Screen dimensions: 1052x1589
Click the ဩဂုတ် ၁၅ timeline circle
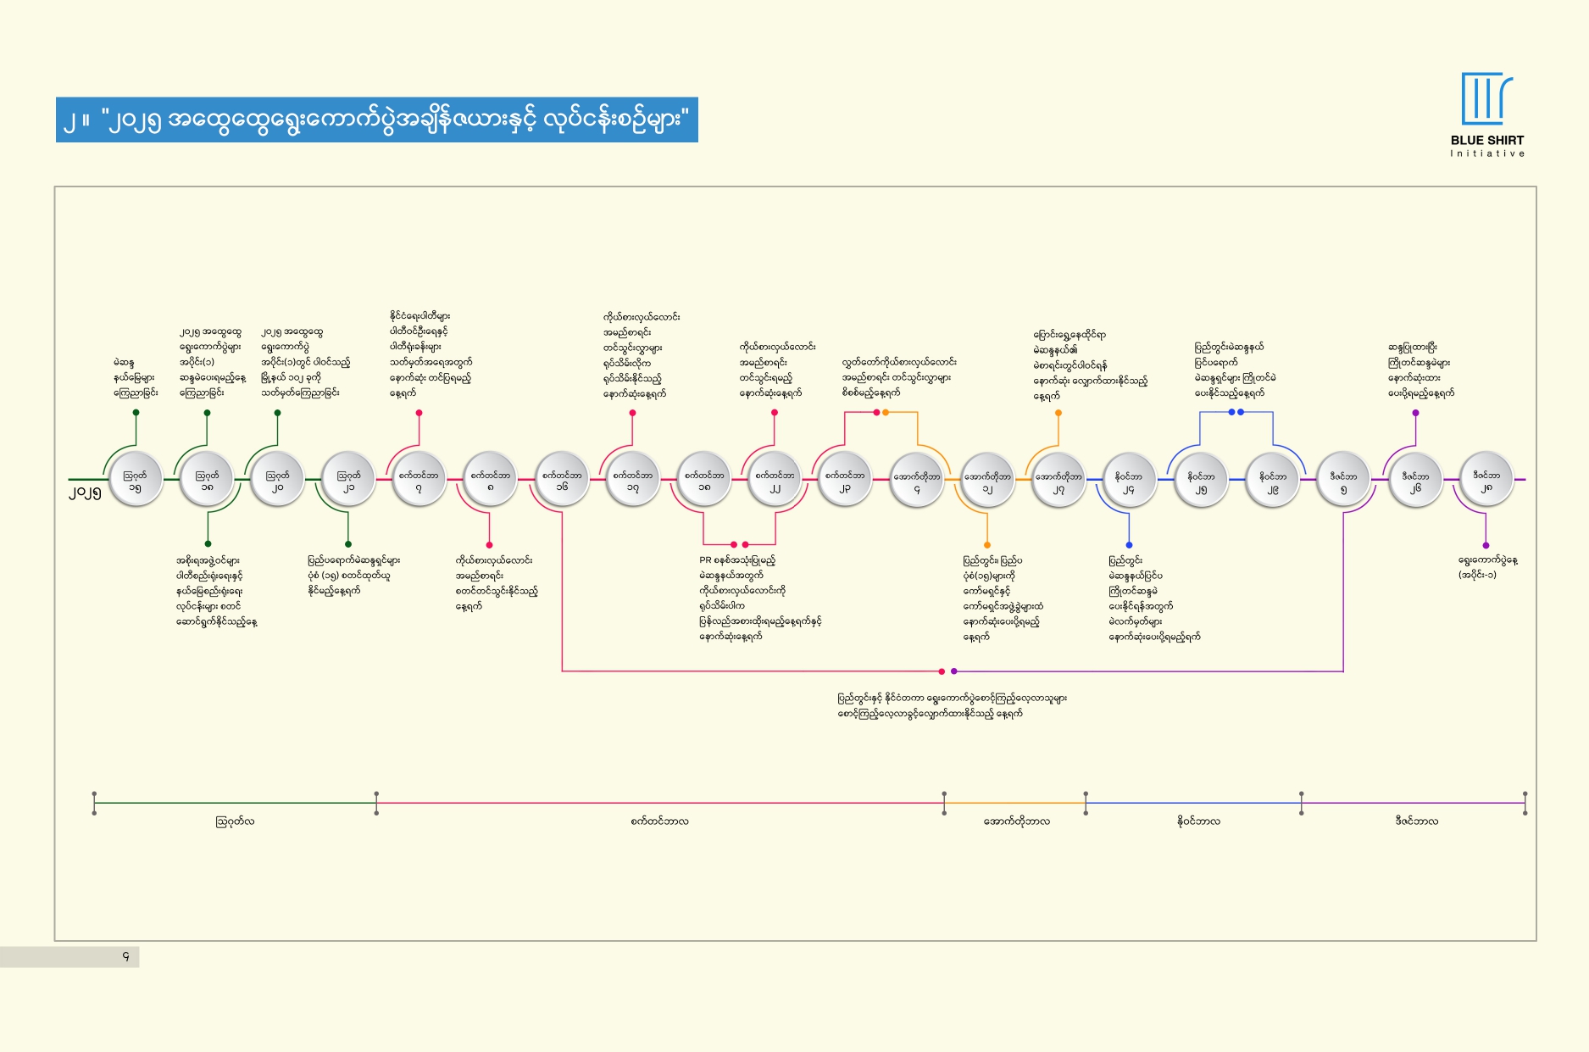coord(136,480)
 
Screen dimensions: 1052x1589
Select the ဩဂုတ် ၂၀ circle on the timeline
coord(277,480)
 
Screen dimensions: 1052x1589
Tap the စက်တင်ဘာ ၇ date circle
coord(419,480)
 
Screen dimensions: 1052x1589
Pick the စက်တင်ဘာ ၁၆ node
coord(562,480)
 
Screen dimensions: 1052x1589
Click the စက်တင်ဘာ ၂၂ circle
coord(775,480)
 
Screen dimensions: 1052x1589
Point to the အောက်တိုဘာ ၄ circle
coord(916,480)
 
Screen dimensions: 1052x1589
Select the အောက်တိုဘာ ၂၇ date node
coord(1058,480)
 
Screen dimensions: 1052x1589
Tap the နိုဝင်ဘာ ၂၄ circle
coord(1129,480)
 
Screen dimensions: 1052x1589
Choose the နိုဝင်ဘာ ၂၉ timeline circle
coord(1273,480)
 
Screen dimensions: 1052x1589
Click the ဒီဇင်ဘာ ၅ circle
coord(1344,480)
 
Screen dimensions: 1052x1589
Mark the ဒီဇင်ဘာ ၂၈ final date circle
coord(1486,480)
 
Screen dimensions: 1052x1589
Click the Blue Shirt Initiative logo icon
coord(1486,98)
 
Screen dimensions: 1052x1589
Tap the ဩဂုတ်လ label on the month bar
coord(235,821)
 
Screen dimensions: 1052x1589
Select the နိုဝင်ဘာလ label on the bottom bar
coord(1198,821)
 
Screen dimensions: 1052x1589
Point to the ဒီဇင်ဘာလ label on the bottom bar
coord(1416,821)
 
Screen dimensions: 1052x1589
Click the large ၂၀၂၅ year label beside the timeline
coord(85,493)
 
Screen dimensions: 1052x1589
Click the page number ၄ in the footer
coord(126,957)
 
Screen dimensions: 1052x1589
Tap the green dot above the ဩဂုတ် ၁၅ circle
coord(136,413)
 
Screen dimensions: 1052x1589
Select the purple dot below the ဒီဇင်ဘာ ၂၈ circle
coord(1486,545)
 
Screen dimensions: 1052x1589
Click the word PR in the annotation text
coord(705,560)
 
